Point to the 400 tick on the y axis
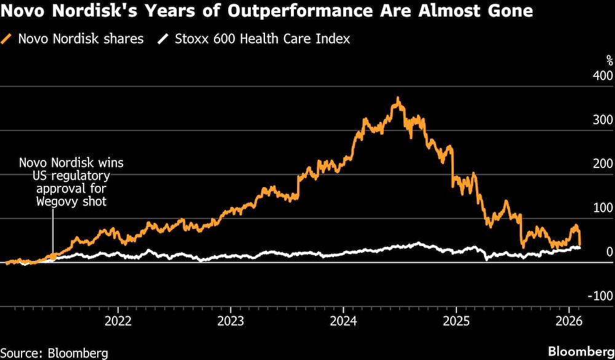click(602, 76)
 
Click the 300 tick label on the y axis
click(602, 119)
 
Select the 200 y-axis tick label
click(602, 164)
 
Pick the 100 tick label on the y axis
click(602, 207)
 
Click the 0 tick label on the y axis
click(609, 251)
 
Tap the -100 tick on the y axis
click(600, 295)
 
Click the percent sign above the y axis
click(609, 60)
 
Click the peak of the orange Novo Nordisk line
click(399, 98)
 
